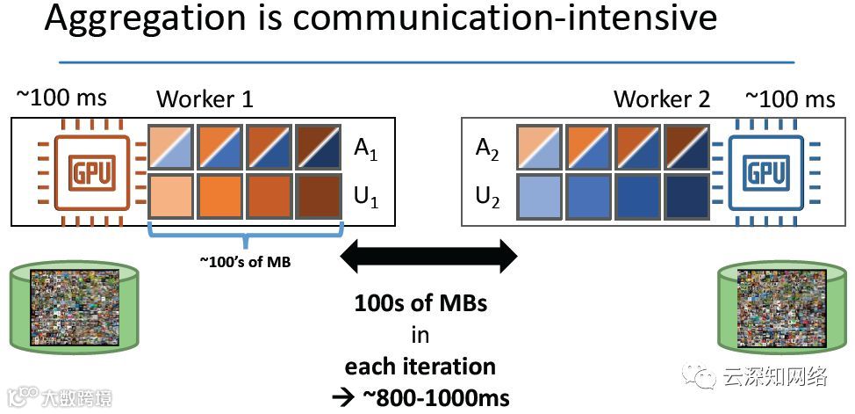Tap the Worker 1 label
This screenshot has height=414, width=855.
pyautogui.click(x=205, y=99)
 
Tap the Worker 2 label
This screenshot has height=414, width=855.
pyautogui.click(x=662, y=99)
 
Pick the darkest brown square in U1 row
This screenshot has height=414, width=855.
pyautogui.click(x=317, y=197)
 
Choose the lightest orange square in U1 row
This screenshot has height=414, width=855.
pyautogui.click(x=172, y=197)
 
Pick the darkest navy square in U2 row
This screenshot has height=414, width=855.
pyautogui.click(x=686, y=197)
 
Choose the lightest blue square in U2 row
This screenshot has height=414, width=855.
pyautogui.click(x=539, y=197)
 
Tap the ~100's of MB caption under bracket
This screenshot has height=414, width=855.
pyautogui.click(x=246, y=260)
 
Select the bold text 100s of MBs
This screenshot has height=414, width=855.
pyautogui.click(x=420, y=304)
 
